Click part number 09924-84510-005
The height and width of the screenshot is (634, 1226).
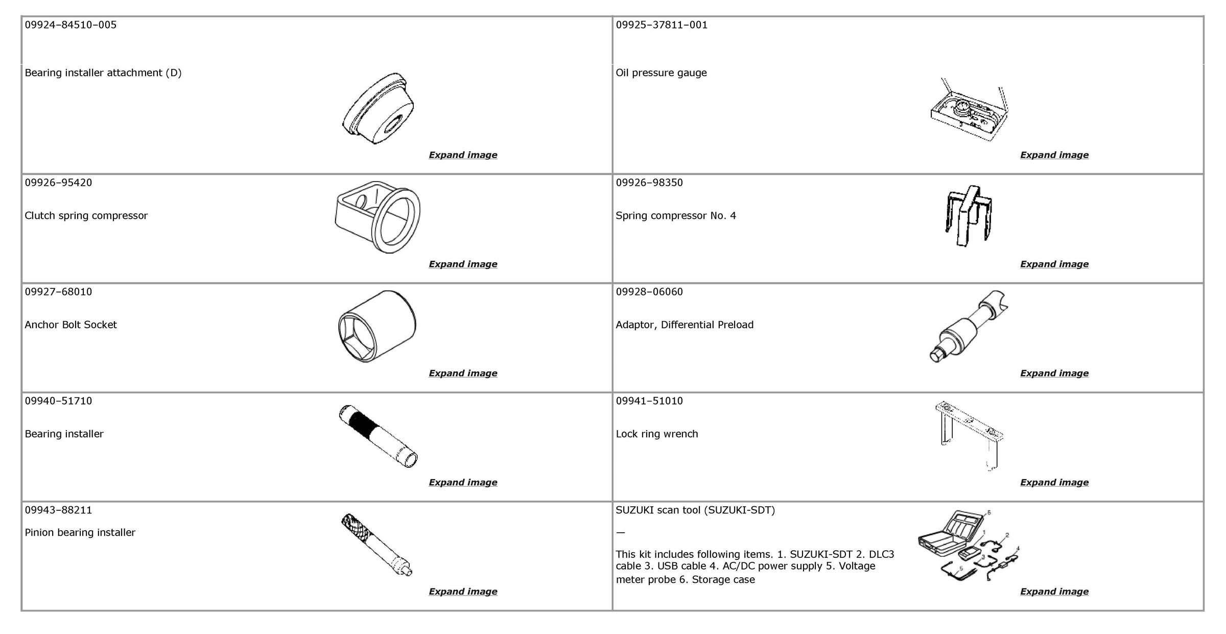tap(70, 25)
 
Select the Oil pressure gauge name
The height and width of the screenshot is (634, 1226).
tap(661, 73)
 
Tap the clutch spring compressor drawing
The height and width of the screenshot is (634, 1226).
tap(378, 217)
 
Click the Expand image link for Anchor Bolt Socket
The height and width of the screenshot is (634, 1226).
tap(463, 373)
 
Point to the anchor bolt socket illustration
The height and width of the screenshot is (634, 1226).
tap(377, 326)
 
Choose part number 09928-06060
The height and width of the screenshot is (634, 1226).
tap(649, 291)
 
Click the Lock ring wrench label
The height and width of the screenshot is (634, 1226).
tap(656, 434)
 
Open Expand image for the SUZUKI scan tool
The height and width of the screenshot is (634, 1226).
tap(1054, 592)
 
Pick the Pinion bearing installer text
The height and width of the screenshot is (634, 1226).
tap(80, 532)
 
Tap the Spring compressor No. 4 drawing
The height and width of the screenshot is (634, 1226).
tap(969, 216)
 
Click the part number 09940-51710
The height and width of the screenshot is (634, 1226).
tap(58, 401)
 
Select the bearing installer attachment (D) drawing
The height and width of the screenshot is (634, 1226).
tap(378, 108)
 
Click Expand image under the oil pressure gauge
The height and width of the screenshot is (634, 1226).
tap(1054, 155)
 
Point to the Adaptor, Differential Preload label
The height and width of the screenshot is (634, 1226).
tap(685, 325)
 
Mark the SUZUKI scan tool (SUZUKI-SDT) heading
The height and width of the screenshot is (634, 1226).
tap(695, 510)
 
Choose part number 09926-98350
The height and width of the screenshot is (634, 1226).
tap(649, 183)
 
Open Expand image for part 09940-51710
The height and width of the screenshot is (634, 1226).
tap(463, 482)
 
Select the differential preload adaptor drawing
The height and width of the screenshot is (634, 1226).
tap(969, 326)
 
